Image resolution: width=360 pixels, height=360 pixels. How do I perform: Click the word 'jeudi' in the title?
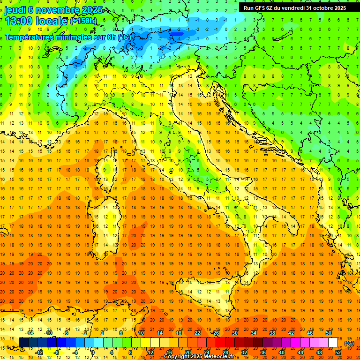click(15, 10)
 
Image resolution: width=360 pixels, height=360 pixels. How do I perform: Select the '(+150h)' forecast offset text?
click(83, 21)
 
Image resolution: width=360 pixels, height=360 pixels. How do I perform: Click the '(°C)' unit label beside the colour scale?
click(349, 343)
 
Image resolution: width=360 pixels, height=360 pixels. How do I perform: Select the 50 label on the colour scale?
click(329, 333)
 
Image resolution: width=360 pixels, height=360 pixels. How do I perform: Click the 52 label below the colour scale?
click(338, 352)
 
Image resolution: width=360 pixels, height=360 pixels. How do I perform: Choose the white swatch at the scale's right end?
click(333, 343)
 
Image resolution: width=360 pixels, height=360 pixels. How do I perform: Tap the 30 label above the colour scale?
click(234, 333)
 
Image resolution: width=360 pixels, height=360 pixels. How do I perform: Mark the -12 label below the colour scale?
click(39, 352)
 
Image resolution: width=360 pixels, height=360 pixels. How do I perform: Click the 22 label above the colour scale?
click(197, 333)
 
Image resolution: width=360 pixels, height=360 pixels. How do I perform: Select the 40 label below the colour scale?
click(281, 352)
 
